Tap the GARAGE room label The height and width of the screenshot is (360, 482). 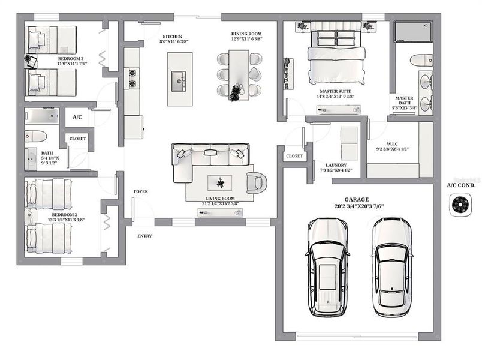point(356,199)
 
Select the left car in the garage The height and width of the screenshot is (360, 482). point(327,267)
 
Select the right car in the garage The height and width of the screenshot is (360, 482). point(391,267)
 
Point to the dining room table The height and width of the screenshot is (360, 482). point(238,75)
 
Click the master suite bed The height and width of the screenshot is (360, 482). point(335,57)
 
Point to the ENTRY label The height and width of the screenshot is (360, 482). point(144,236)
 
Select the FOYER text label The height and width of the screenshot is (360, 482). point(140,191)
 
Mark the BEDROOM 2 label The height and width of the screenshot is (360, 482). point(64,214)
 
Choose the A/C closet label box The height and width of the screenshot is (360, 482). point(77,118)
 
